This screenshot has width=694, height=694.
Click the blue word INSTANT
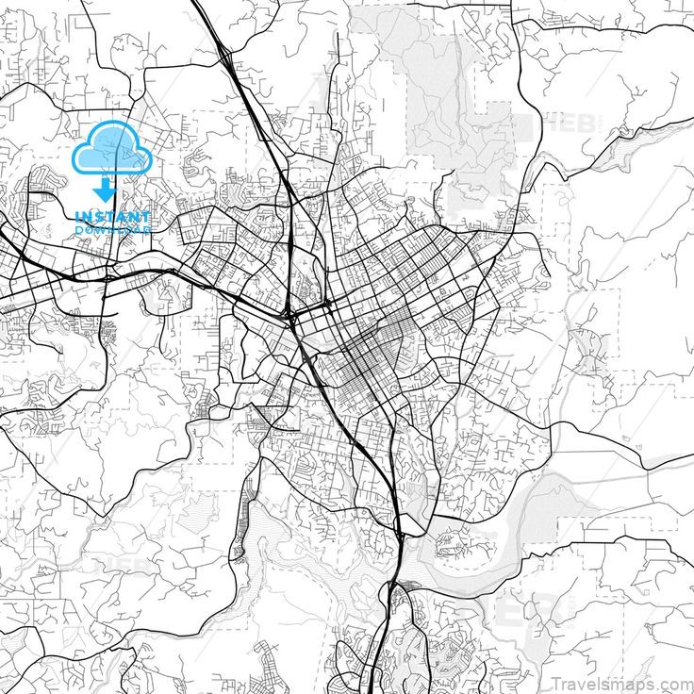pos(111,217)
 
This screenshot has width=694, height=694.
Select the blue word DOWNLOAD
pos(111,229)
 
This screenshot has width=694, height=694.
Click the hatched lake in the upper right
pos(622,141)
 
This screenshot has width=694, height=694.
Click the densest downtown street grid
pos(363,363)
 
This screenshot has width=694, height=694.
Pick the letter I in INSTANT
pos(78,217)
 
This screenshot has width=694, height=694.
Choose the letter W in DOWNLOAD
pos(101,229)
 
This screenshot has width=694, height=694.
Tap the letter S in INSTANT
pos(97,217)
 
